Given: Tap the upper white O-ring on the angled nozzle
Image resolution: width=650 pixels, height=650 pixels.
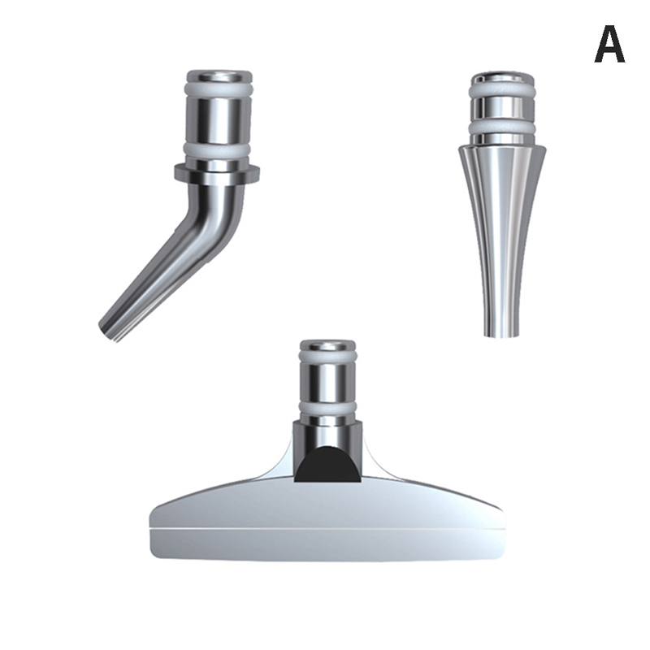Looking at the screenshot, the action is [219, 91].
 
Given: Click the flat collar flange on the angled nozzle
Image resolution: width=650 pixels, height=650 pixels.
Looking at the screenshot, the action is [217, 174].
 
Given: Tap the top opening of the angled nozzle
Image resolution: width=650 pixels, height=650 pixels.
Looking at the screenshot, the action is [219, 76].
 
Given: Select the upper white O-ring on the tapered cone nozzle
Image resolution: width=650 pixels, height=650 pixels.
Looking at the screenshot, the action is [502, 92].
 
